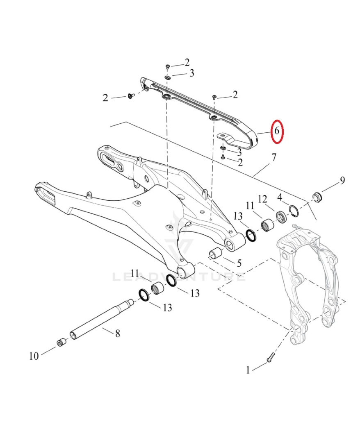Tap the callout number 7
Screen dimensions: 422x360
(x=274, y=157)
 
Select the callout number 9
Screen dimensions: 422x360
(x=342, y=180)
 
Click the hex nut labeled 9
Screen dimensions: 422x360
(x=317, y=197)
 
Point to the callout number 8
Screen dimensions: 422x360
(x=117, y=334)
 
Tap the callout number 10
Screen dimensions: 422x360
(x=34, y=356)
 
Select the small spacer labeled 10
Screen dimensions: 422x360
(x=61, y=342)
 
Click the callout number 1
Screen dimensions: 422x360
(x=248, y=370)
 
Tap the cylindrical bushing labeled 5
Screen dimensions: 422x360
(x=216, y=254)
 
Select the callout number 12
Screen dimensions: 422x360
(x=263, y=199)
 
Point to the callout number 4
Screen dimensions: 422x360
(x=280, y=197)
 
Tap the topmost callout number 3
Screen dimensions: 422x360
(x=191, y=73)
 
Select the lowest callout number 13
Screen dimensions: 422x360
(x=167, y=307)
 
